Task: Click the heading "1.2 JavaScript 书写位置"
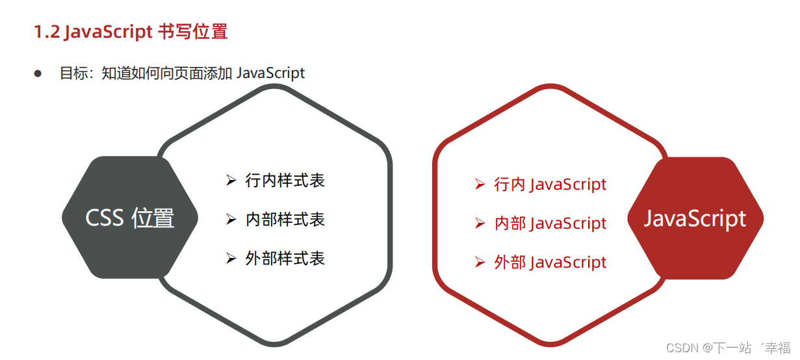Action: tap(131, 32)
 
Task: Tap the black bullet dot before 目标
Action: tap(38, 73)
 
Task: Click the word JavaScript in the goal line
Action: tap(270, 73)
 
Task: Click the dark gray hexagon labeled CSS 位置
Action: tap(129, 218)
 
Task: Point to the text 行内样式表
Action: tap(285, 181)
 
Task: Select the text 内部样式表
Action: tap(285, 220)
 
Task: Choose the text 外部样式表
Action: tap(285, 259)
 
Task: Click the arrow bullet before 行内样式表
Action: tap(231, 181)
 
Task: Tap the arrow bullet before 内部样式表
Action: tap(231, 220)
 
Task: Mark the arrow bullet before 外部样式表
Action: tap(231, 259)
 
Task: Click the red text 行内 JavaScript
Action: tap(550, 185)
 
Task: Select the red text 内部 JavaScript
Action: tap(550, 224)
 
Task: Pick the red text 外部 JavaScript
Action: tap(550, 263)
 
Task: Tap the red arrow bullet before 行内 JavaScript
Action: tap(480, 185)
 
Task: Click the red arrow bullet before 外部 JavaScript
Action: tap(480, 263)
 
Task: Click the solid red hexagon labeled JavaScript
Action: tap(695, 218)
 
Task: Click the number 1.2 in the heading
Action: tap(47, 32)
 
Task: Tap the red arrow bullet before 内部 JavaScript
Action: tap(480, 224)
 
